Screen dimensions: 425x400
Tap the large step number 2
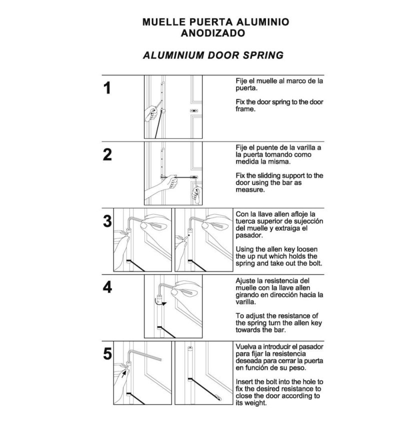click(107, 154)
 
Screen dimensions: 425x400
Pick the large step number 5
click(107, 353)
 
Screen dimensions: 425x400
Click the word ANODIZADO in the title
click(215, 34)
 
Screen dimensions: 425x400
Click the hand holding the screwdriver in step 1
click(151, 112)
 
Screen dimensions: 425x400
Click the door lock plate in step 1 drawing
click(194, 111)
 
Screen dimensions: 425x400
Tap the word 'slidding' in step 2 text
click(272, 176)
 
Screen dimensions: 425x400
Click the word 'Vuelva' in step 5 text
click(246, 346)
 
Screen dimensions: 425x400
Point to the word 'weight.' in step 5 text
click(254, 403)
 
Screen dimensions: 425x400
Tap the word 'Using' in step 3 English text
click(245, 249)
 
